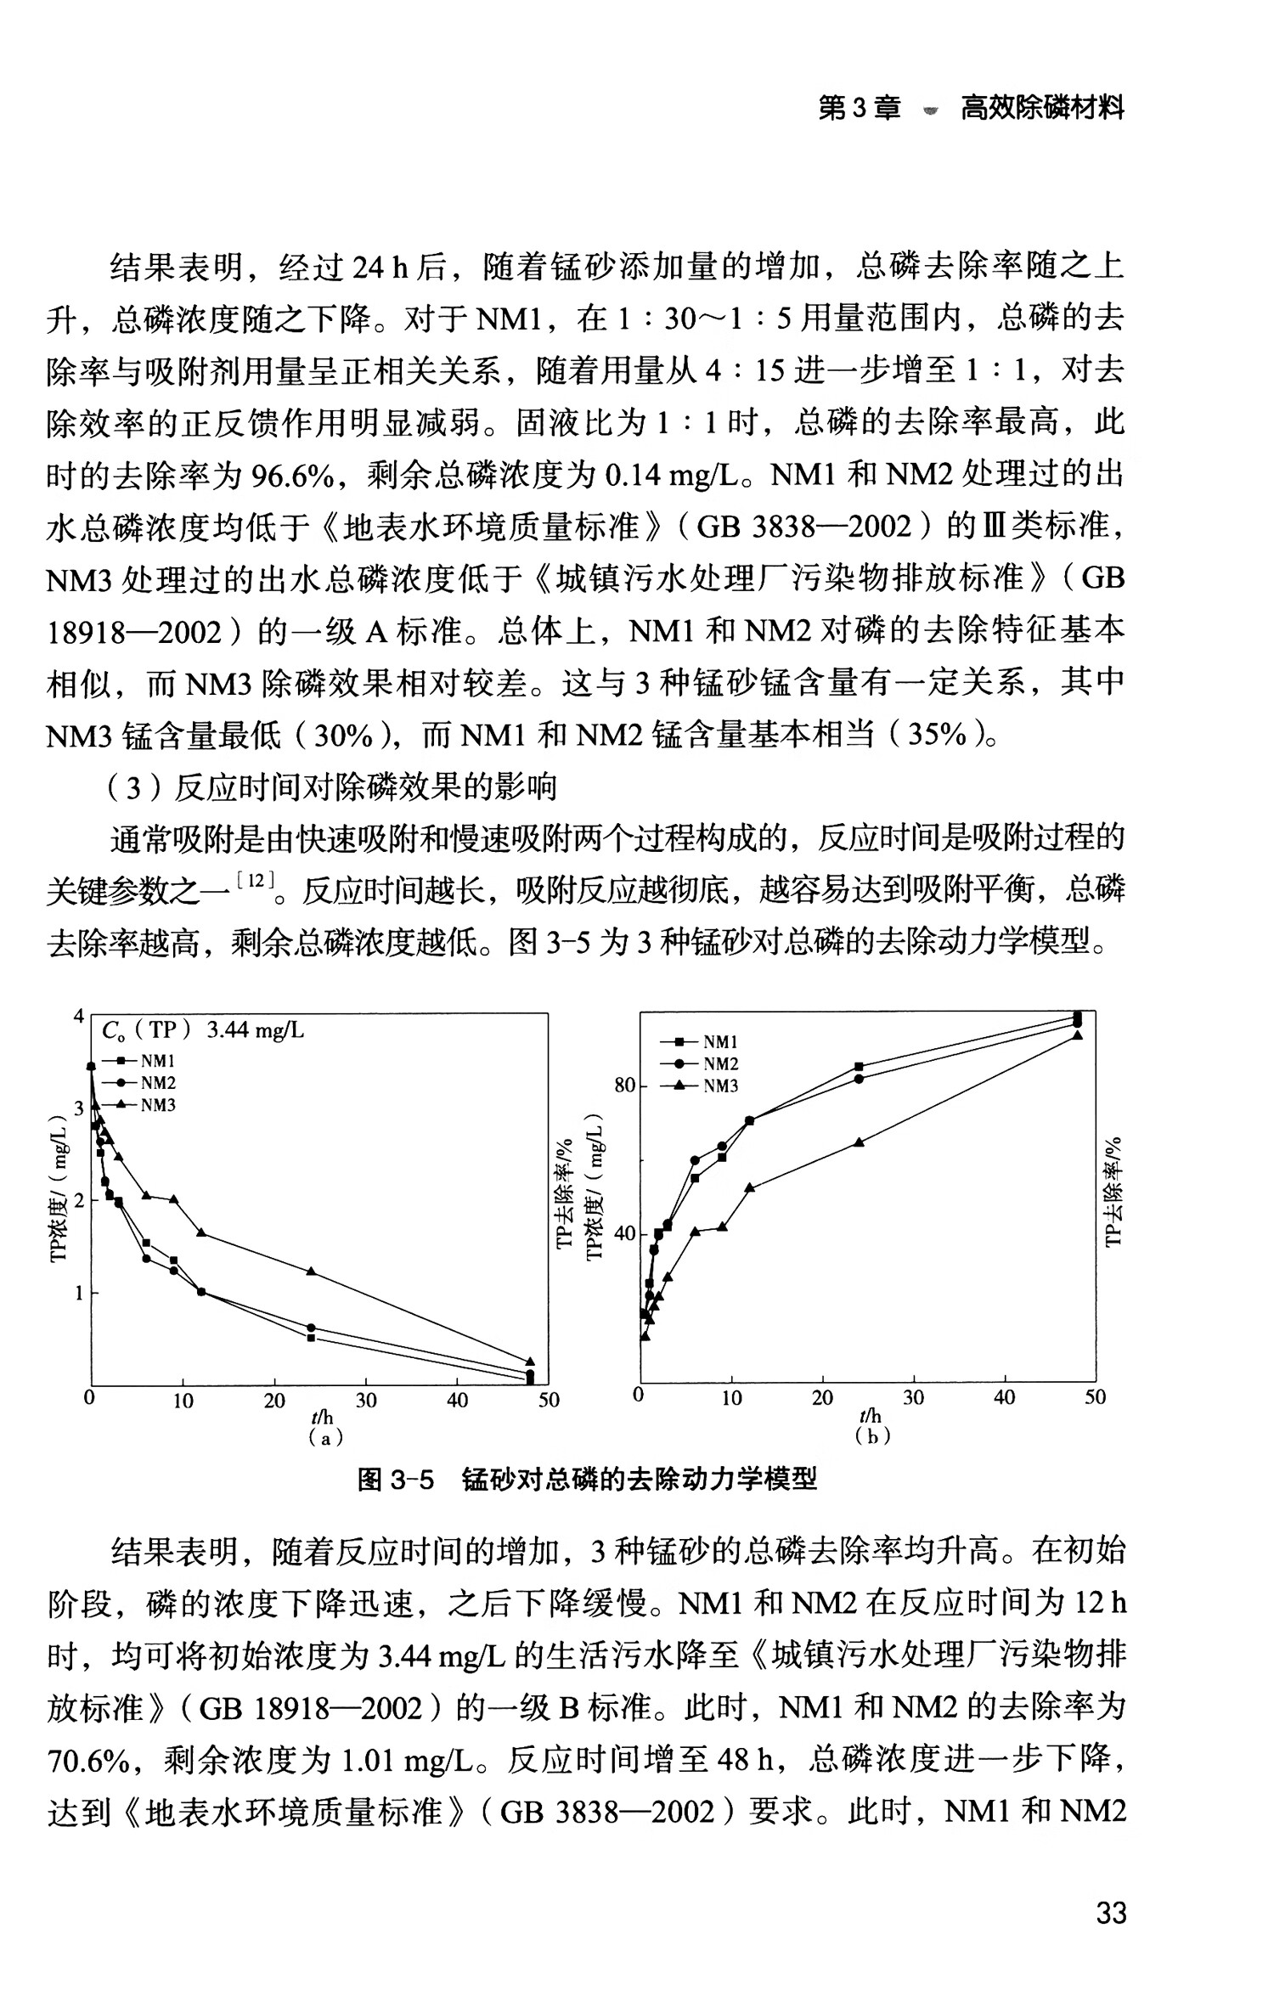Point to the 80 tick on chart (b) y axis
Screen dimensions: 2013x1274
tap(624, 1086)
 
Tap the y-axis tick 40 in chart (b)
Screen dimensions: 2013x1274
tap(624, 1232)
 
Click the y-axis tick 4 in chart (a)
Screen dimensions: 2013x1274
tap(79, 1016)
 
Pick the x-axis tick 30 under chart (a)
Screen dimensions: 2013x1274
tap(365, 1401)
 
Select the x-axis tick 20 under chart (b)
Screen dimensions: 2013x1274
tap(822, 1397)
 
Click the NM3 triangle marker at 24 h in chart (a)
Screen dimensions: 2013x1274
tap(311, 1272)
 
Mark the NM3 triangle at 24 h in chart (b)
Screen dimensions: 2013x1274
tap(859, 1142)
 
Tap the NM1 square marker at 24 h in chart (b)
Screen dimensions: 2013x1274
tap(859, 1066)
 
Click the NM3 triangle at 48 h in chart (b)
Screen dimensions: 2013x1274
tap(1078, 1035)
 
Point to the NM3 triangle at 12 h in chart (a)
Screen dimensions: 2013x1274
tap(201, 1232)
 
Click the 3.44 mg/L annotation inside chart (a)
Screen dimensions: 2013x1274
tap(255, 1030)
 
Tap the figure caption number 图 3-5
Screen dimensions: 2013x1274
tap(395, 1480)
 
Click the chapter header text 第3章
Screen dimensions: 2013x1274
tap(859, 108)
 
